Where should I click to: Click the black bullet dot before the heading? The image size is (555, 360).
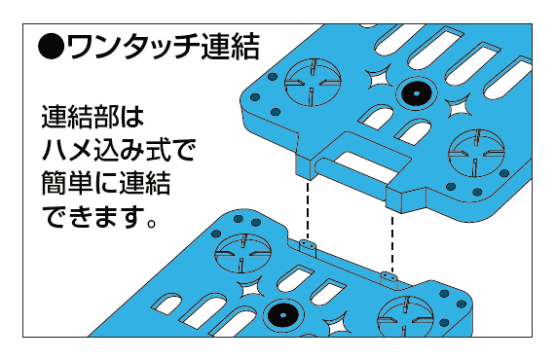pos(52,47)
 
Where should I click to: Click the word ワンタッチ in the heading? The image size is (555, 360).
pos(132,47)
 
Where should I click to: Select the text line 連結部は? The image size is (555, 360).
pos(92,117)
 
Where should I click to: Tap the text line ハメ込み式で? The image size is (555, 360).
pos(119,150)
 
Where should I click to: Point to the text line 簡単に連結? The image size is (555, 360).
pos(106,183)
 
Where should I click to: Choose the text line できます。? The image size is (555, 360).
pos(100,216)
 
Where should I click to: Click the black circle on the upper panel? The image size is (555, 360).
pos(417,93)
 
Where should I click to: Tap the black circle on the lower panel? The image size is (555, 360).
pos(282,314)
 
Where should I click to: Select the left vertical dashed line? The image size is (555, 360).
pos(308,210)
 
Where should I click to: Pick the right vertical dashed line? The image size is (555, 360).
pos(392,242)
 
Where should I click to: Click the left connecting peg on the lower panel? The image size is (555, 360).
pos(308,246)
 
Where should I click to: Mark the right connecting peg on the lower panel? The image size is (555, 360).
pos(388,277)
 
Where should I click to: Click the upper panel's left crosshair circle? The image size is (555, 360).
pos(313,83)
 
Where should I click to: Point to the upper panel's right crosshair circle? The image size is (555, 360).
pos(476,154)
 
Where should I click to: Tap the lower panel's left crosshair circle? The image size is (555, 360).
pos(243,254)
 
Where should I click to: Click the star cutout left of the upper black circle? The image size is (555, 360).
pos(378,78)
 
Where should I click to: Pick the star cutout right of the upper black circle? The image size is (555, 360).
pos(459,106)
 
